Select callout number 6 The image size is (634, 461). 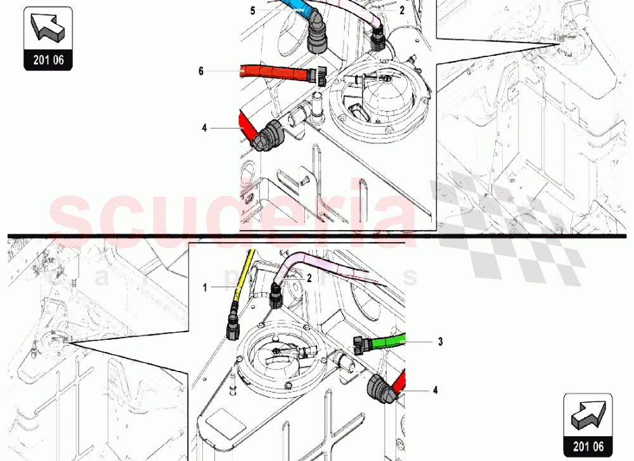pyautogui.click(x=201, y=71)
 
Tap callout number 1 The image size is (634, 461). pyautogui.click(x=205, y=287)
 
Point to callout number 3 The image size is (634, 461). pyautogui.click(x=440, y=342)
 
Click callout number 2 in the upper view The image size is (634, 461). pyautogui.click(x=401, y=11)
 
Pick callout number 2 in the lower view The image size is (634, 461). pyautogui.click(x=309, y=277)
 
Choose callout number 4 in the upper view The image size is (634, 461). pyautogui.click(x=205, y=128)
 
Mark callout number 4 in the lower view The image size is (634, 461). pyautogui.click(x=436, y=391)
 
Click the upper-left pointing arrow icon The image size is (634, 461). pyautogui.click(x=48, y=28)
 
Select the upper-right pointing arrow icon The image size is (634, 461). pyautogui.click(x=587, y=415)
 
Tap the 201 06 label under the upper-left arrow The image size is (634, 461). pyautogui.click(x=48, y=60)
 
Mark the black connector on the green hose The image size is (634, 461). pyautogui.click(x=361, y=344)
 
